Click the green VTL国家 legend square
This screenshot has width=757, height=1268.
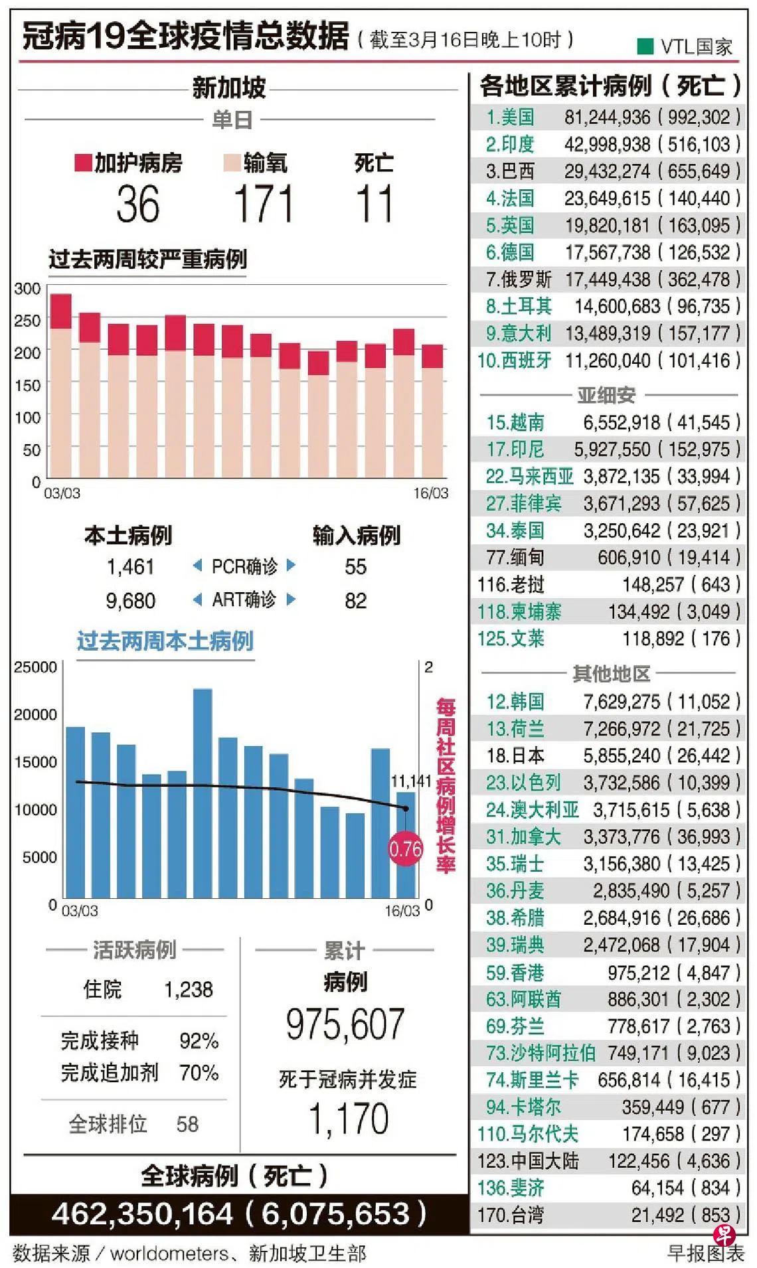645,46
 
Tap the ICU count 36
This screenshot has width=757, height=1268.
138,204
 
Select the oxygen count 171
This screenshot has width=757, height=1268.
264,204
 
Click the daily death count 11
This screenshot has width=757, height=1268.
375,204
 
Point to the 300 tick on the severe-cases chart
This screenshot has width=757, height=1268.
27,289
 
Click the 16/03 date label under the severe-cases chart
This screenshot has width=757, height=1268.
430,493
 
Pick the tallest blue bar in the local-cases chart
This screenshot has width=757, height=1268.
203,793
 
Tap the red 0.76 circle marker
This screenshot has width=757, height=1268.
405,849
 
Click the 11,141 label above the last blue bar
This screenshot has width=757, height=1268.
410,781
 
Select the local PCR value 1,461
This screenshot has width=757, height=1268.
130,567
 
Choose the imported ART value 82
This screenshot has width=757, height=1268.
355,601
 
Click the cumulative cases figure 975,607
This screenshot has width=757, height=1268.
345,1024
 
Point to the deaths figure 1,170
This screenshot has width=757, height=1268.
349,1119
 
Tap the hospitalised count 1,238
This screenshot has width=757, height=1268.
189,990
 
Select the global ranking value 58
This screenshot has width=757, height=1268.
187,1124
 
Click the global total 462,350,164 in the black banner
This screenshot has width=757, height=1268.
142,1214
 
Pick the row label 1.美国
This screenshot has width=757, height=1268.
510,118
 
